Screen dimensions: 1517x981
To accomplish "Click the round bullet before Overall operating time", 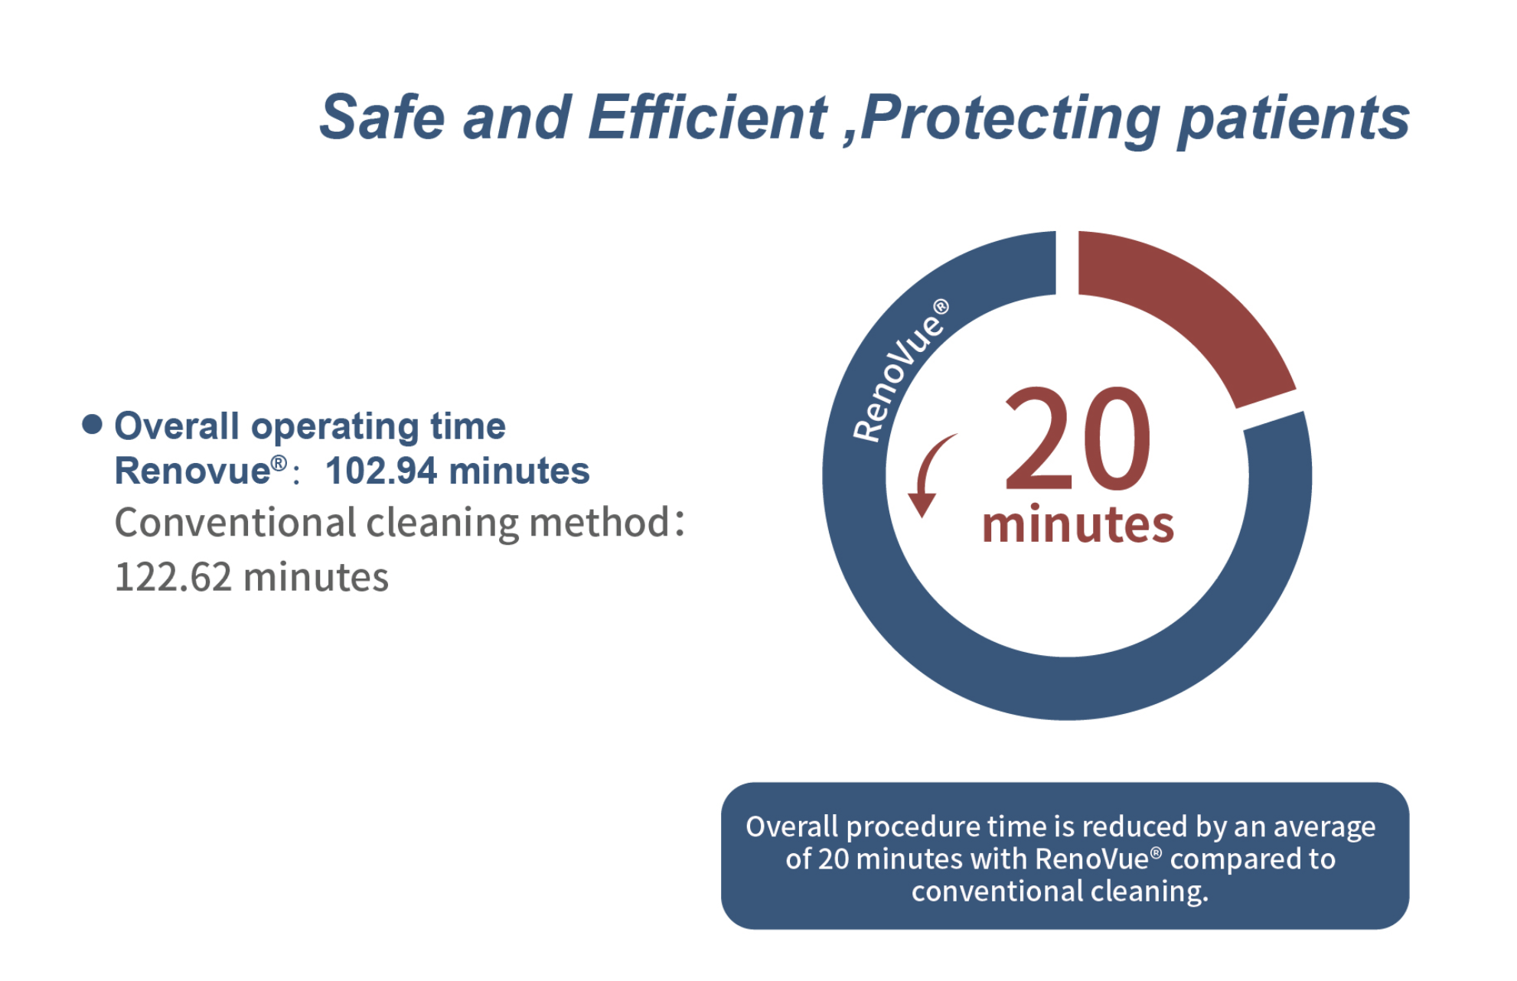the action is point(92,425).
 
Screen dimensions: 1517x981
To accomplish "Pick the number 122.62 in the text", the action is point(173,577).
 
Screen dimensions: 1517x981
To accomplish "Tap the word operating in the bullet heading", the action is point(334,427).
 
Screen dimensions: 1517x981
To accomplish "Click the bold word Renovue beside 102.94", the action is point(193,471).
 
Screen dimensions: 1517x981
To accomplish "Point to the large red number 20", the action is point(1078,439).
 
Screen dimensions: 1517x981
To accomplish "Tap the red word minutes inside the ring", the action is point(1078,525).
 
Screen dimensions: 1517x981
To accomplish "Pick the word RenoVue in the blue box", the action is point(1092,859).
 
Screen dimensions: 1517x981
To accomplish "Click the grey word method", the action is point(600,523).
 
